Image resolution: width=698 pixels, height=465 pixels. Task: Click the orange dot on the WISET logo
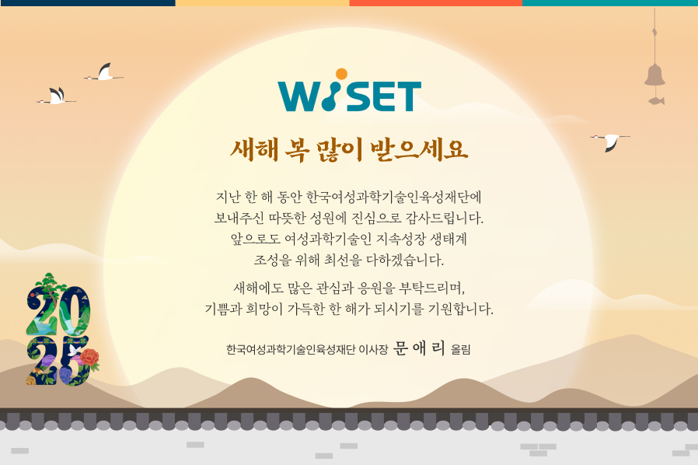pyautogui.click(x=341, y=74)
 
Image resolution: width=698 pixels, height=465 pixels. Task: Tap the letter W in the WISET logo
pyautogui.click(x=298, y=96)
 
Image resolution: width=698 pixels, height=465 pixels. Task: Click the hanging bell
pyautogui.click(x=654, y=75)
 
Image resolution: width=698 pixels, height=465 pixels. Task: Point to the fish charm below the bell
pyautogui.click(x=657, y=100)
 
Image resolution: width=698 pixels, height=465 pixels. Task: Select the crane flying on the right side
pyautogui.click(x=610, y=141)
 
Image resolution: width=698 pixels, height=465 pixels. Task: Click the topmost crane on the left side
pyautogui.click(x=103, y=72)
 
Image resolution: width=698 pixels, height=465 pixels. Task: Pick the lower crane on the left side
pyautogui.click(x=56, y=96)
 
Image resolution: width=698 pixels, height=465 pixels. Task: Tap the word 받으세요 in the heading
pyautogui.click(x=419, y=149)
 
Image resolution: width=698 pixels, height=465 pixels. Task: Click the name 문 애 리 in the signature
pyautogui.click(x=419, y=348)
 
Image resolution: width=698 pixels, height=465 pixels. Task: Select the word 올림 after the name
pyautogui.click(x=461, y=350)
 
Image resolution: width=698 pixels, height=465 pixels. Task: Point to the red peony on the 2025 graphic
pyautogui.click(x=90, y=358)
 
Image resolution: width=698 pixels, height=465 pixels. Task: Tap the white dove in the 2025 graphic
pyautogui.click(x=75, y=350)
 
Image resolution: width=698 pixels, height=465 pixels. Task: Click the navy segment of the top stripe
pyautogui.click(x=88, y=2)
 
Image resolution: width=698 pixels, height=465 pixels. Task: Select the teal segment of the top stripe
pyautogui.click(x=610, y=2)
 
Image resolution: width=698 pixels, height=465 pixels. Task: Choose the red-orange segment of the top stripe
pyautogui.click(x=436, y=2)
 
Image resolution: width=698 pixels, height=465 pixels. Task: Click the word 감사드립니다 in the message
pyautogui.click(x=445, y=219)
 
